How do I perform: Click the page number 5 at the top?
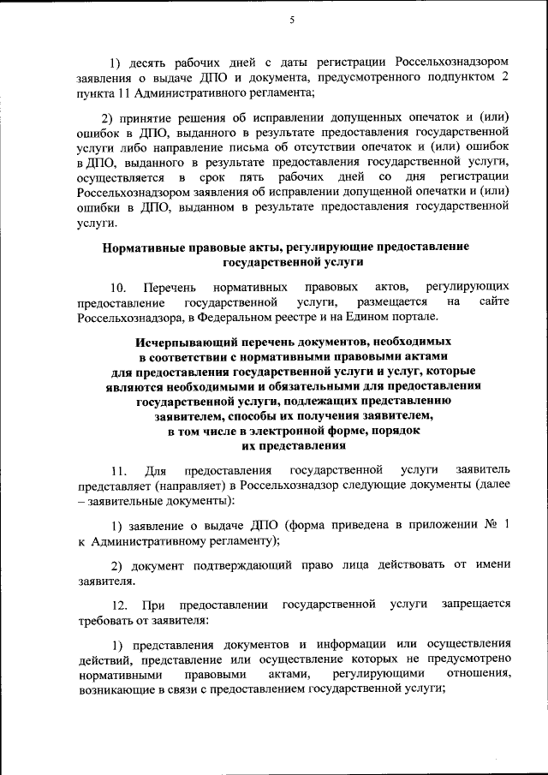[x=292, y=20]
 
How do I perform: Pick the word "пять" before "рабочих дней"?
[x=254, y=177]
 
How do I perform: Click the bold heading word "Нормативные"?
[x=146, y=246]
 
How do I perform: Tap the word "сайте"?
[x=495, y=301]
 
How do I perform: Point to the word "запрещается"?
[x=477, y=605]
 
